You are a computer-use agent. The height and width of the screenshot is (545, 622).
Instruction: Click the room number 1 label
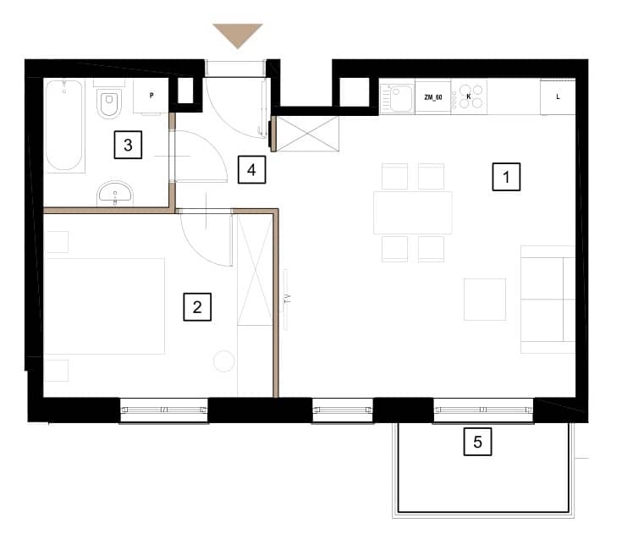(506, 177)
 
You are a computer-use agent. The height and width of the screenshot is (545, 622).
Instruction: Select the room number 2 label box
(197, 306)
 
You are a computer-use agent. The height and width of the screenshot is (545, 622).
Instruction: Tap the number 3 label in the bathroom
(128, 145)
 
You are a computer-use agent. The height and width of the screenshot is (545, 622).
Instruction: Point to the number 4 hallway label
(251, 170)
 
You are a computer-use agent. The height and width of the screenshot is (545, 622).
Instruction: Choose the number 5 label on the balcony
(477, 442)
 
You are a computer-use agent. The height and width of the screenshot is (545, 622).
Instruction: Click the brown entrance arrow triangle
(238, 33)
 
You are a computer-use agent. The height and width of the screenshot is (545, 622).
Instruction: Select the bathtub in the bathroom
(64, 125)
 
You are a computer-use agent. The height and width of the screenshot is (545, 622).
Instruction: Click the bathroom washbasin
(115, 194)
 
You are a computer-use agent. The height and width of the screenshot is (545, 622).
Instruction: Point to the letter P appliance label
(151, 95)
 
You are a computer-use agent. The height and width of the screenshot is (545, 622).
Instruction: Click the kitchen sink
(398, 97)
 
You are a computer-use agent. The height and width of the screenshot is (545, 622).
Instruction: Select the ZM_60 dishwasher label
(433, 97)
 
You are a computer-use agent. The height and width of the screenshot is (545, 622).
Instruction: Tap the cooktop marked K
(469, 97)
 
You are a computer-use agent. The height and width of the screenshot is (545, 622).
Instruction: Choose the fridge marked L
(558, 97)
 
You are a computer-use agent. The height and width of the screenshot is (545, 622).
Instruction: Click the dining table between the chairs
(413, 212)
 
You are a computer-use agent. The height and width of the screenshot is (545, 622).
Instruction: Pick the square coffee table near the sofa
(485, 299)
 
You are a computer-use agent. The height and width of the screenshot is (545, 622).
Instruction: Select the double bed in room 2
(105, 306)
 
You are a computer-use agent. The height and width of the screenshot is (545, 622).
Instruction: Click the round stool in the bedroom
(224, 361)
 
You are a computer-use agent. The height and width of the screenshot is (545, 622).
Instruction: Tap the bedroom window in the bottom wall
(164, 410)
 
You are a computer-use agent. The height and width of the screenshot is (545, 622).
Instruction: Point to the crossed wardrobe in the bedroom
(255, 270)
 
